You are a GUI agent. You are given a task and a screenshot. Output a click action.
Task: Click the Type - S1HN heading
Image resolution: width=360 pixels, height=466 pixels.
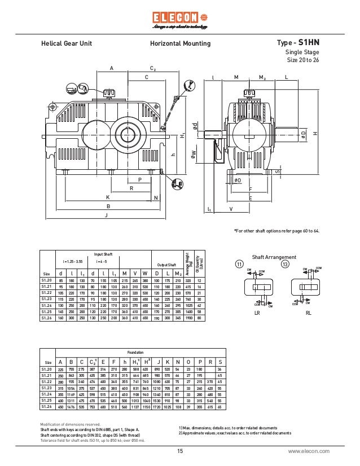point(298,43)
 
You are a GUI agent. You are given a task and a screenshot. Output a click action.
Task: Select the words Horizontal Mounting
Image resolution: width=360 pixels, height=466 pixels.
point(180,43)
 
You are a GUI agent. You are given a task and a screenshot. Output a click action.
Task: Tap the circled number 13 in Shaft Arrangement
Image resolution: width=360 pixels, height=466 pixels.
point(285,265)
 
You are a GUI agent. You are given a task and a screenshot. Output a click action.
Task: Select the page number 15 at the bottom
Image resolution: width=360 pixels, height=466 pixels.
point(180,451)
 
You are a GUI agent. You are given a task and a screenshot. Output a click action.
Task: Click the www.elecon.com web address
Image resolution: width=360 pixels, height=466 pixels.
point(309,451)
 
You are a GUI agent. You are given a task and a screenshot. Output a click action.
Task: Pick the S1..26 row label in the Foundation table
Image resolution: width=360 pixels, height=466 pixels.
point(47,407)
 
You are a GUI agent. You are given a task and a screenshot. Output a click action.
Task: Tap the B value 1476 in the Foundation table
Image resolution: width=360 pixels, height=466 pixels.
point(71,407)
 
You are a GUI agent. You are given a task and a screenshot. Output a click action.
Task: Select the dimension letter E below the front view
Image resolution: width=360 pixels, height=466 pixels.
point(250,199)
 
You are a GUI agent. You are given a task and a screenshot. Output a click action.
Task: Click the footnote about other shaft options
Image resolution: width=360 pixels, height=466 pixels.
point(276,231)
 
